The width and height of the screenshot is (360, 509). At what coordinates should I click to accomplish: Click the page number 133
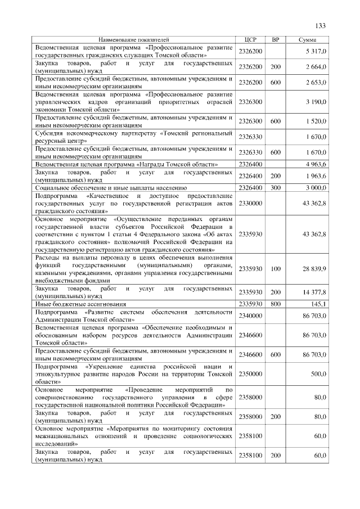(x=321, y=26)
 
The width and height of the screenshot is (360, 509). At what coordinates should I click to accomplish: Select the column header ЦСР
(x=251, y=40)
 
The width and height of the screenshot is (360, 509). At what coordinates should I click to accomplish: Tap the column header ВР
(x=275, y=40)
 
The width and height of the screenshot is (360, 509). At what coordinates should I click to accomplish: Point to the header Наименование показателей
(x=134, y=40)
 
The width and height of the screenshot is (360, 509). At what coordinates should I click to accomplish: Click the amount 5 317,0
(x=316, y=51)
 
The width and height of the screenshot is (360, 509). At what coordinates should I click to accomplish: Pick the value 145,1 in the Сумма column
(x=318, y=304)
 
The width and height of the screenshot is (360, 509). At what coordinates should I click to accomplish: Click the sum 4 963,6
(x=316, y=164)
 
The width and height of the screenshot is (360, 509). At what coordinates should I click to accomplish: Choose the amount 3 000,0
(x=316, y=187)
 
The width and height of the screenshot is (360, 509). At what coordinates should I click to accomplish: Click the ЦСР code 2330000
(x=251, y=202)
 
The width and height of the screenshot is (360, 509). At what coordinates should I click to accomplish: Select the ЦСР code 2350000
(x=251, y=373)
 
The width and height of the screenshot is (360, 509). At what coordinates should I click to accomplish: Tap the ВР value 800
(x=275, y=304)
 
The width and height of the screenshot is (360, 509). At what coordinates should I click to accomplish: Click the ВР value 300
(x=275, y=187)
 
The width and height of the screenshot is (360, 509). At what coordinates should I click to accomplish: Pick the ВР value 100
(x=275, y=269)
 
